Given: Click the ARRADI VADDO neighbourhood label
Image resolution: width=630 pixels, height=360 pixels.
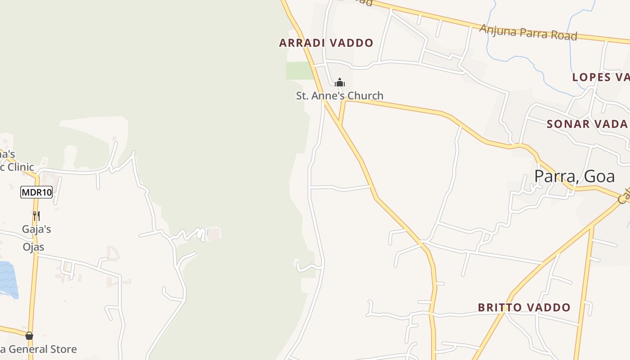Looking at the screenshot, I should tap(326, 43).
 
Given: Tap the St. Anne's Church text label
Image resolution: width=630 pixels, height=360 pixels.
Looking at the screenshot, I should tap(339, 95).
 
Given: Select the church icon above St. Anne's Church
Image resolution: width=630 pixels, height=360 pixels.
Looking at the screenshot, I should tap(340, 82).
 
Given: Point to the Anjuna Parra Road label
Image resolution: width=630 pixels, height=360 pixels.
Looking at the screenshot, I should tap(527, 32).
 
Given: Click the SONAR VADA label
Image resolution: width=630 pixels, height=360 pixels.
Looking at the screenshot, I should tap(587, 124).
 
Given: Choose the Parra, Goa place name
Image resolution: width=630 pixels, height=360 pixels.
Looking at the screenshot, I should tap(574, 176).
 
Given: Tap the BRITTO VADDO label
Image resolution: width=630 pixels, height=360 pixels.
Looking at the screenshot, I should tap(524, 308).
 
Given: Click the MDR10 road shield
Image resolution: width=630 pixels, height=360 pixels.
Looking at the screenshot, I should tap(36, 193).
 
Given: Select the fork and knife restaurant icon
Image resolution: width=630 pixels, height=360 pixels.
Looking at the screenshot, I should tap(36, 216).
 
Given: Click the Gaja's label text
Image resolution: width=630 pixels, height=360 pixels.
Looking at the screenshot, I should tap(36, 229).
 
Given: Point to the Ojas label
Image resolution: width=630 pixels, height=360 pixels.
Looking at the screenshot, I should tap(34, 247).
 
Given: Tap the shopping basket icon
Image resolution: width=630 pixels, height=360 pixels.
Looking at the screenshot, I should tap(29, 336).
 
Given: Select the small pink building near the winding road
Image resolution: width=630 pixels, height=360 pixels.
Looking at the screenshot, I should tap(214, 234).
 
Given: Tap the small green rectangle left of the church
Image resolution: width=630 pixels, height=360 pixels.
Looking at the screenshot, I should tap(299, 71).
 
